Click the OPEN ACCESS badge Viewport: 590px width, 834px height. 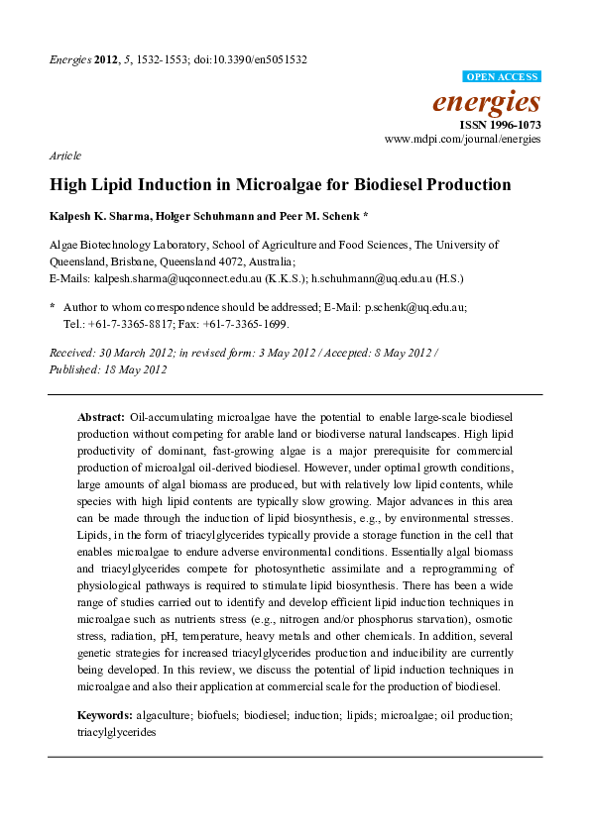coord(502,77)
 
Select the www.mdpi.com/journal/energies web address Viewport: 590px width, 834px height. coord(463,141)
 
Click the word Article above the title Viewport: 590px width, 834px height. coord(64,156)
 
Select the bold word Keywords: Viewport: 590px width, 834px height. coord(106,715)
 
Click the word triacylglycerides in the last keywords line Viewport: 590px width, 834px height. coord(116,733)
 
